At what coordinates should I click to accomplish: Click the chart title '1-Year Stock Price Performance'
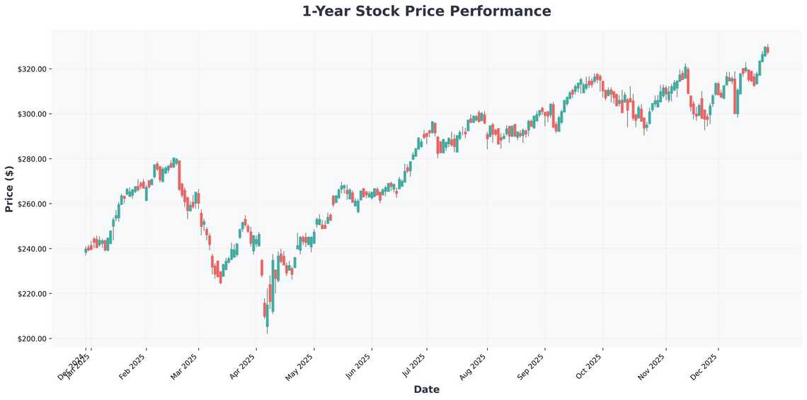[x=426, y=11]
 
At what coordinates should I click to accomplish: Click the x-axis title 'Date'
[x=426, y=389]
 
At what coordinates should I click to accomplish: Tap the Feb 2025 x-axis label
[x=134, y=365]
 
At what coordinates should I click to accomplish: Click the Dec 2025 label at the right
[x=706, y=365]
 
